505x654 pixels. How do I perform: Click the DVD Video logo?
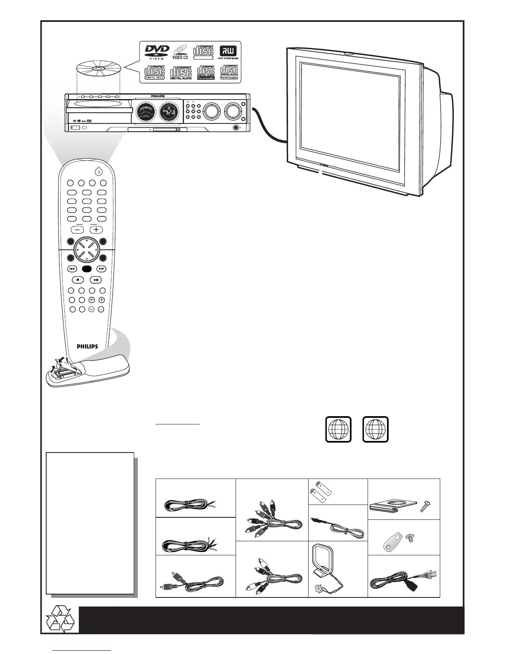coord(156,52)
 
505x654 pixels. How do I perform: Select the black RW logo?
coord(228,51)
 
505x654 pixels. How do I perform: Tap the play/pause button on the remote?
coord(96,280)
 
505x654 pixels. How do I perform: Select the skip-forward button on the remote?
coord(101,269)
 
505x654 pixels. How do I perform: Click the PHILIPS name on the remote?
coord(87,346)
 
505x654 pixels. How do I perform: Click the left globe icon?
coord(338,429)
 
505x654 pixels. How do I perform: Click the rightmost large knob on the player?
coord(231,111)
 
